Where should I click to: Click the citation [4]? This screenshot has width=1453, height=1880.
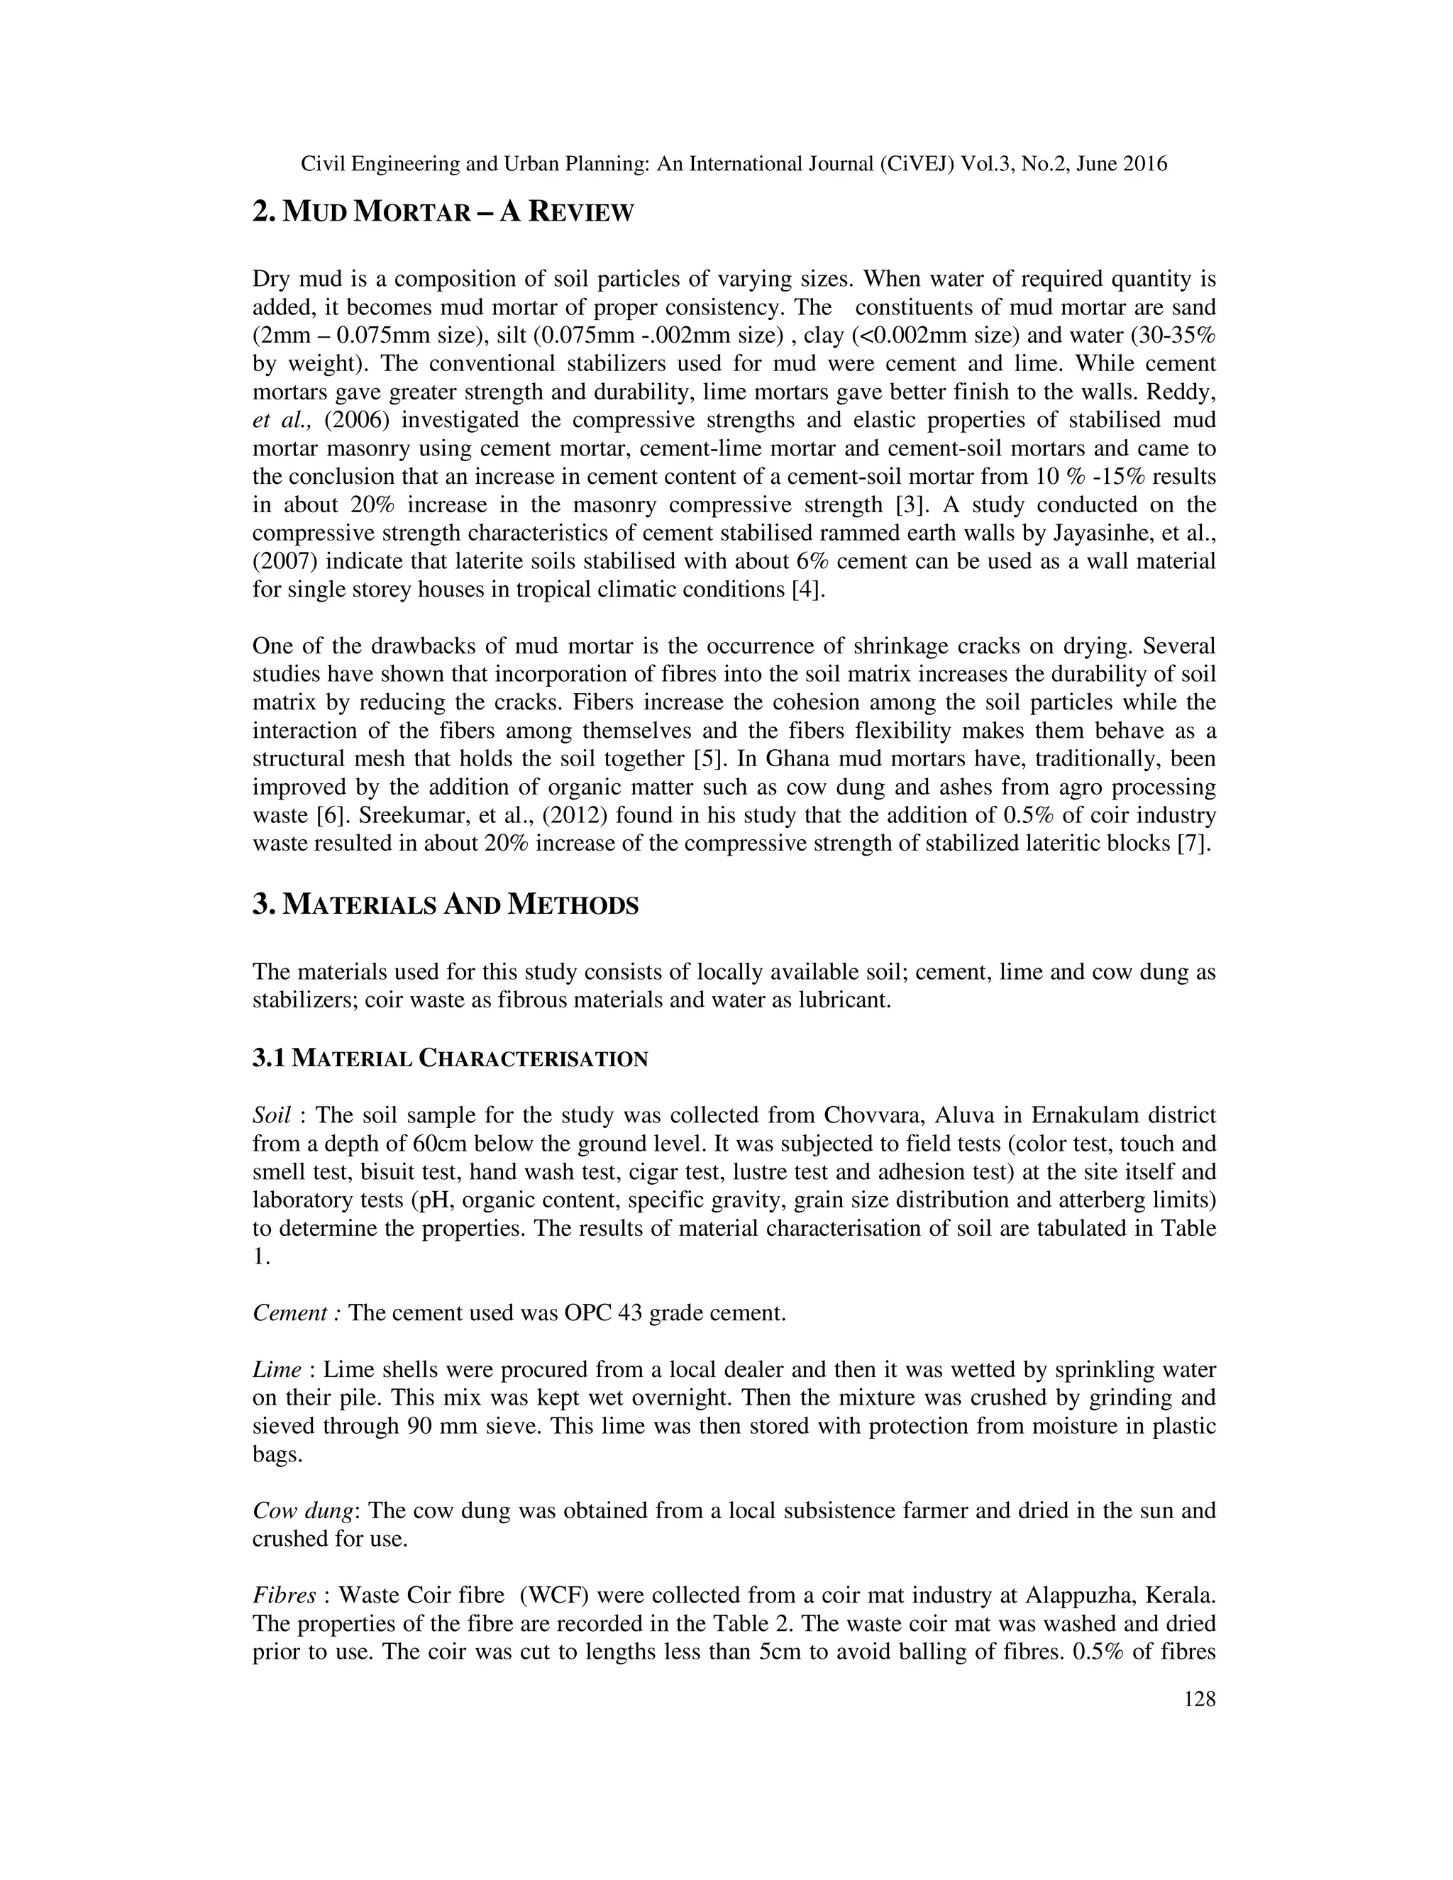(x=800, y=590)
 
